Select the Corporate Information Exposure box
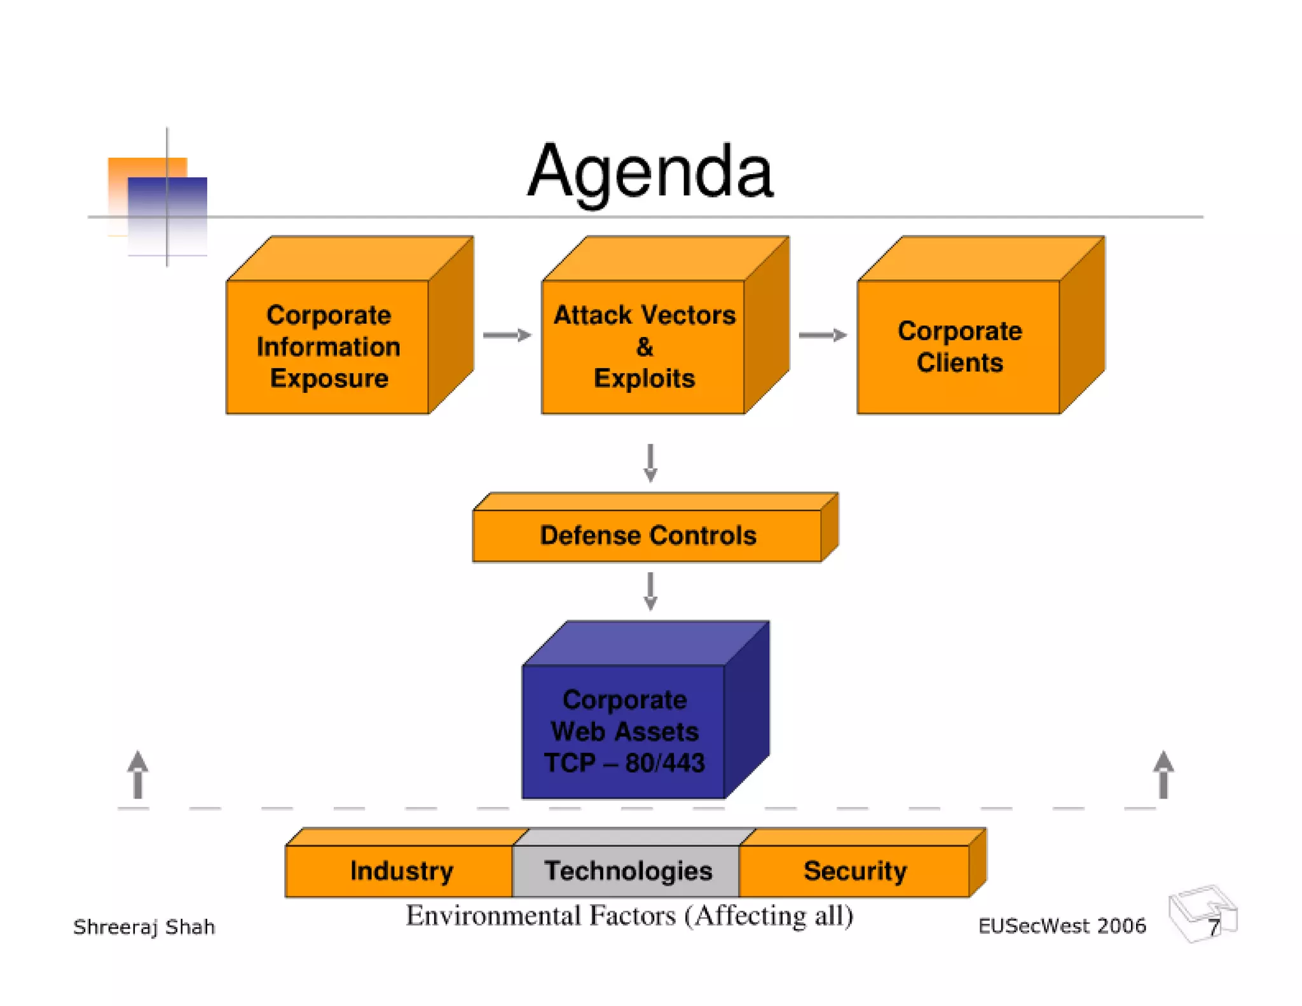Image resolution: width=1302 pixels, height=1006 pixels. pos(328,347)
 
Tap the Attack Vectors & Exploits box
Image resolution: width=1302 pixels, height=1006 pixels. pos(644,347)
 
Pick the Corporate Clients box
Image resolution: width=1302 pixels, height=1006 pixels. pos(959,347)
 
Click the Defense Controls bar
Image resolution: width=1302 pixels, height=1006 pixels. pos(648,535)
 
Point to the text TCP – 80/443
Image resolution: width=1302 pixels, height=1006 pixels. pos(624,763)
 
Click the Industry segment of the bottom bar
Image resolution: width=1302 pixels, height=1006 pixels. pos(401,871)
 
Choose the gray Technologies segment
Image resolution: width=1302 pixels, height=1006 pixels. pos(627,871)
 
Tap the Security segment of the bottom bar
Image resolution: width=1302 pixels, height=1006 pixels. pos(854,871)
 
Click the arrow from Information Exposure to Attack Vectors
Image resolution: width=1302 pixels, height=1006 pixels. pos(507,335)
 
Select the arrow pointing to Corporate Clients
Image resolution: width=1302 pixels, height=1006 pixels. pos(822,335)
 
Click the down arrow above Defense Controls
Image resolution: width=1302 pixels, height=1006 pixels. pos(650,463)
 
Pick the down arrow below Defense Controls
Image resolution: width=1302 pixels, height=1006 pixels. pos(650,591)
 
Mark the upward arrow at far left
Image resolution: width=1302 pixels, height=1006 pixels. pos(138,775)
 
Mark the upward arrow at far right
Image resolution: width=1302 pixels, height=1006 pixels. pos(1163,775)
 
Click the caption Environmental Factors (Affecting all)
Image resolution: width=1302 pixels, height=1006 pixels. pos(629,916)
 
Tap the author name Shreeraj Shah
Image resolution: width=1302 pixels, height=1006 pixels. pos(144,927)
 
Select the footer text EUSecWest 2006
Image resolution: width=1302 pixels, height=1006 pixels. pos(1062,926)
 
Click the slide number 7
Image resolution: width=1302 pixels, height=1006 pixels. pos(1213,928)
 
